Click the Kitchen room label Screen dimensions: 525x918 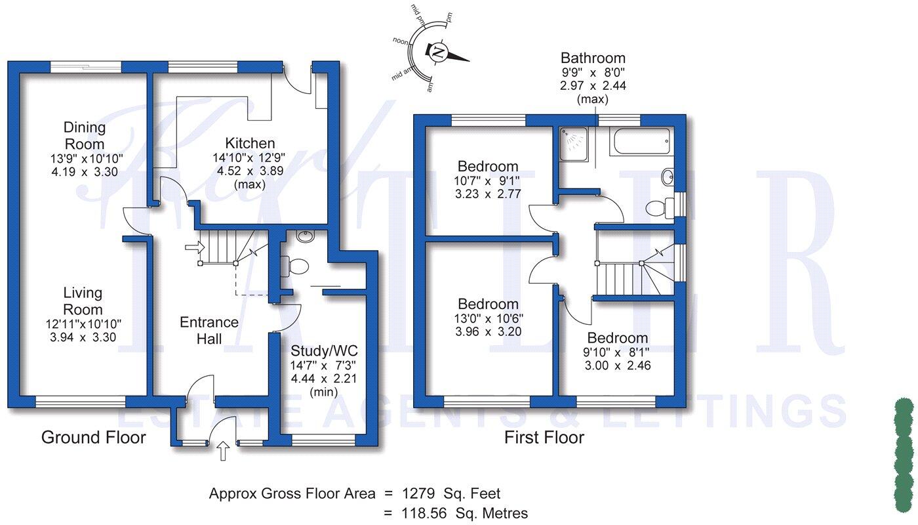tap(250, 143)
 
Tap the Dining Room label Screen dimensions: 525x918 tap(84, 135)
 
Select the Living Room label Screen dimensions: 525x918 tap(83, 301)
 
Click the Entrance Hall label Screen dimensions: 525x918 tap(209, 330)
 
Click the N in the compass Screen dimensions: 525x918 tap(438, 51)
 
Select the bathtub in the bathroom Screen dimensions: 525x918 tap(639, 141)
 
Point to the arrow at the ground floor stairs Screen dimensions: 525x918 tap(194, 247)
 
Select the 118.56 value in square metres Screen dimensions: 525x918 tap(422, 513)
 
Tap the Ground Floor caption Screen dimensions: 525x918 tap(94, 438)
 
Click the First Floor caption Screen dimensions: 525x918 tap(544, 438)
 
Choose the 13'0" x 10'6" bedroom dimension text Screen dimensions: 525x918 tap(489, 318)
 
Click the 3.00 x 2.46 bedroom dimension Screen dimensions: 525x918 tap(618, 366)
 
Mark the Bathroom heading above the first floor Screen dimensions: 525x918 tap(593, 58)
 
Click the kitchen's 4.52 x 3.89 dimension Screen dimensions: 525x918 tap(250, 171)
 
